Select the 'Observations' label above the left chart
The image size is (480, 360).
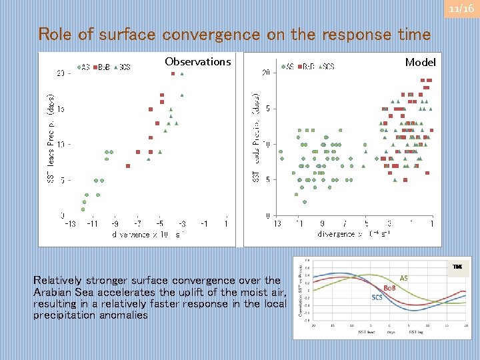(x=197, y=62)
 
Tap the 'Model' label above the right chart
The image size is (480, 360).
(x=420, y=62)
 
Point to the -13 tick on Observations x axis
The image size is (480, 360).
(x=70, y=224)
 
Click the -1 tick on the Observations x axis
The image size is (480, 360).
(x=205, y=224)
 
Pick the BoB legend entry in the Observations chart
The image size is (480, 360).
(x=102, y=67)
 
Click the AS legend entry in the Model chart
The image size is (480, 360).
(x=288, y=67)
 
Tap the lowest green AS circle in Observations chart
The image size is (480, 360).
(x=83, y=209)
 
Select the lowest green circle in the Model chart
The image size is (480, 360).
(x=304, y=202)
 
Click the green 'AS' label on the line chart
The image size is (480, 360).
(x=404, y=277)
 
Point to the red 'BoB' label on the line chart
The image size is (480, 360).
(x=389, y=287)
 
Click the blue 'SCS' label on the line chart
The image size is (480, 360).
(x=377, y=297)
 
